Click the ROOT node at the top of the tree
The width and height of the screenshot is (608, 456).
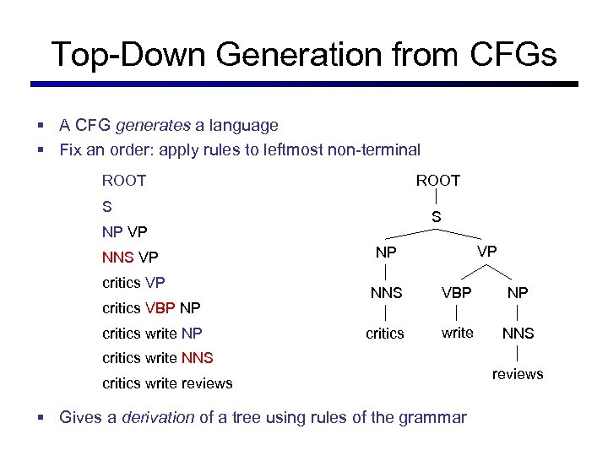coord(437,181)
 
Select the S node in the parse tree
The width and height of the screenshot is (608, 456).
coord(436,218)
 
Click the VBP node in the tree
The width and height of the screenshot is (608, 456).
coord(457,294)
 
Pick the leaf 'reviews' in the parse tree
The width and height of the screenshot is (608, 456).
coord(518,374)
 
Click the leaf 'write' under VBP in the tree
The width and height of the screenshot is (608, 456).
coord(457,333)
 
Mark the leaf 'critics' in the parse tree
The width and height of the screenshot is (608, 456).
coord(384,334)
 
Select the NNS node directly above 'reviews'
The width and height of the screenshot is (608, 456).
coord(518,334)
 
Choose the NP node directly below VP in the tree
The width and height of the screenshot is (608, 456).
coord(518,294)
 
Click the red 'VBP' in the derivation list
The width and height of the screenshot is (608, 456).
coord(160,307)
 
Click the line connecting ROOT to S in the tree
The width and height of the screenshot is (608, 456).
coord(437,199)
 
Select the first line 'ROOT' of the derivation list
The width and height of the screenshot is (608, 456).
coord(124,181)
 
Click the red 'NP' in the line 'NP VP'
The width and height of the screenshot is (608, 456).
coord(112,231)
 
